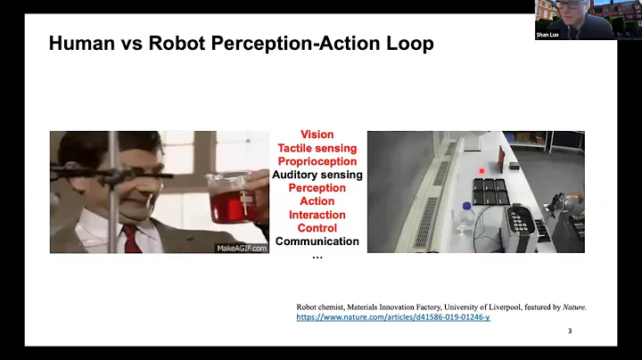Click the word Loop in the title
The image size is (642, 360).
409,43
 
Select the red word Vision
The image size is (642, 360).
317,135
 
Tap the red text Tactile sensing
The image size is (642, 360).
317,148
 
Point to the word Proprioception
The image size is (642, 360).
317,161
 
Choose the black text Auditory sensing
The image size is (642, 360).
317,175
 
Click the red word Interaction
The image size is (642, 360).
317,215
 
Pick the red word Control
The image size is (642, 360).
317,228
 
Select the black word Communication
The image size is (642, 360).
317,241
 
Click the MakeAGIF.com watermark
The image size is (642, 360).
242,248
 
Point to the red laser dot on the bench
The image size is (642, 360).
481,169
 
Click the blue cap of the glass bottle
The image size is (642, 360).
465,205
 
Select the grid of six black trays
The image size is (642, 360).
490,191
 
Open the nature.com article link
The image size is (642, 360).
392,317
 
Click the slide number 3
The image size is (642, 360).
570,331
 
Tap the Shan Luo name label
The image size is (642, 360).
547,35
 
